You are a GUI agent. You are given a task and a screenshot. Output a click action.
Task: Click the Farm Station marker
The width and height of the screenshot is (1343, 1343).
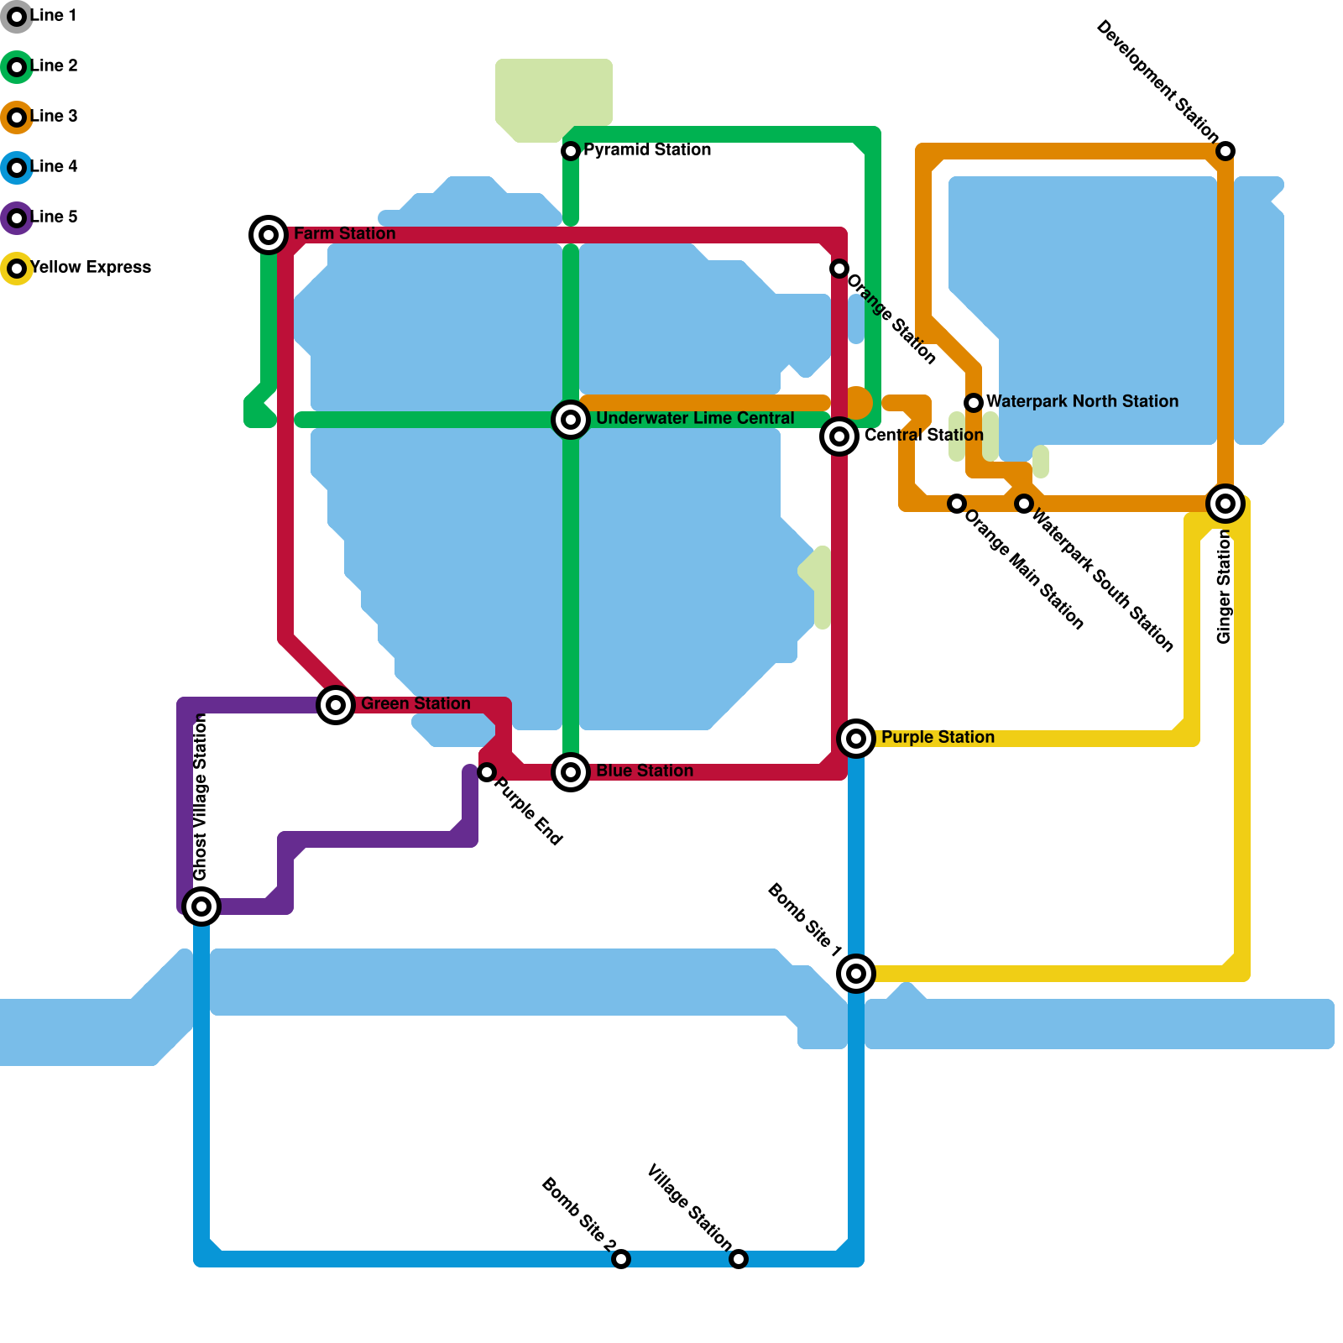[x=269, y=235]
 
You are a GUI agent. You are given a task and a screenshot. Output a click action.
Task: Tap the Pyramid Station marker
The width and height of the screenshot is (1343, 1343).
[x=571, y=151]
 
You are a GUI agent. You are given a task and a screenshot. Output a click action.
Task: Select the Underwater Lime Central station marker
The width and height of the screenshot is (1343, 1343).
[x=571, y=420]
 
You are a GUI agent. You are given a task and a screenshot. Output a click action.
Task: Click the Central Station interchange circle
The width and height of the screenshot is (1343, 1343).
[x=839, y=436]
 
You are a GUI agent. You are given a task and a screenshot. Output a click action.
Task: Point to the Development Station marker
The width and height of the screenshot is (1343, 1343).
[x=1225, y=151]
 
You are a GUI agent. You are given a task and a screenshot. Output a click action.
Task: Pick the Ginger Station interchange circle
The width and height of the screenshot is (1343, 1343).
[x=1225, y=504]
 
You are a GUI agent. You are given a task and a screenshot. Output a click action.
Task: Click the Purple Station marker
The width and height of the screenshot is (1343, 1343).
[x=856, y=739]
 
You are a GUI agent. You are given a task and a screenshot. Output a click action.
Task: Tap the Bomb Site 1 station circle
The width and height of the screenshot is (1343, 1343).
[x=856, y=974]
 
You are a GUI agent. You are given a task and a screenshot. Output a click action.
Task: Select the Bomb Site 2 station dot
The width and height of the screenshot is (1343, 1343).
[x=621, y=1259]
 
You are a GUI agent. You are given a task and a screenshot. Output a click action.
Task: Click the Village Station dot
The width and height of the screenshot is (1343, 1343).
[x=739, y=1259]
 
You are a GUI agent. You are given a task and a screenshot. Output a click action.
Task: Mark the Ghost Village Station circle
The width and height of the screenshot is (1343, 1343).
[x=201, y=907]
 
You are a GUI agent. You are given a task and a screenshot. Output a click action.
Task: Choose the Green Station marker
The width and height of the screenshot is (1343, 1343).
[x=336, y=705]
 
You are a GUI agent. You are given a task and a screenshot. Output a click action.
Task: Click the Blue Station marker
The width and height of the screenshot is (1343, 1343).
[x=571, y=772]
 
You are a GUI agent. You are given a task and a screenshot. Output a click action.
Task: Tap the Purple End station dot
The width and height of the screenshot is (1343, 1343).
[x=487, y=772]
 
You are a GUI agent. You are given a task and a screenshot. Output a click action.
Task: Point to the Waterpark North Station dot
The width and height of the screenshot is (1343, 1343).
[x=974, y=403]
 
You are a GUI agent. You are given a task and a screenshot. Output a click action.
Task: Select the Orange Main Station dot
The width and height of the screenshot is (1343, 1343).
[x=957, y=504]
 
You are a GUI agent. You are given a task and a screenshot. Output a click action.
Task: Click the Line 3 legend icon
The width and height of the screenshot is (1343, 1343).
[x=17, y=118]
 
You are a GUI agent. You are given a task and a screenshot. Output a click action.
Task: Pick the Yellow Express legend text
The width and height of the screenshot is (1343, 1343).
[x=91, y=268]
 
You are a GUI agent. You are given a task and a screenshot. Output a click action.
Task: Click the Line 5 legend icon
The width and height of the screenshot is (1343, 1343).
[x=17, y=218]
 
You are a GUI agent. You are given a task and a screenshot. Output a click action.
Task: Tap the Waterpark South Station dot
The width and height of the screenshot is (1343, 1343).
[x=1024, y=504]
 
